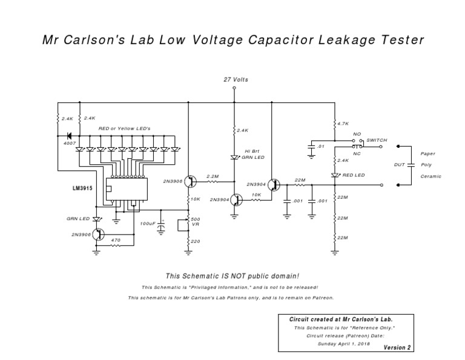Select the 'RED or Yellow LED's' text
tap(124, 129)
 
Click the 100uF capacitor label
tap(148, 224)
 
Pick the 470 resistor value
tap(116, 240)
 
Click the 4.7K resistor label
tap(343, 123)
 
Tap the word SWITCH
tap(377, 140)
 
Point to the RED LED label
tap(353, 175)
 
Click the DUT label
tap(400, 164)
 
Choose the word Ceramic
tap(430, 176)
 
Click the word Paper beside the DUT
tap(427, 154)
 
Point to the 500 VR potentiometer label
tap(196, 221)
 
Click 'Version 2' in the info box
tap(397, 347)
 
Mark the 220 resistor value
tap(195, 242)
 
